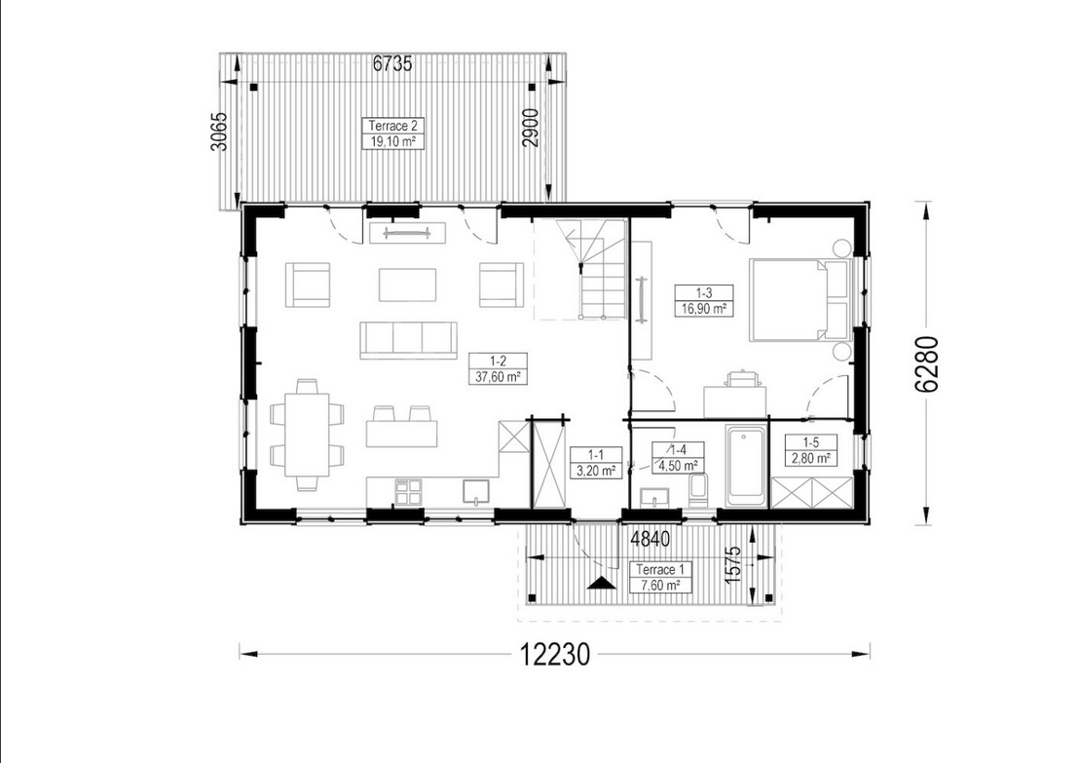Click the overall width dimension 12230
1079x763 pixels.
pyautogui.click(x=555, y=654)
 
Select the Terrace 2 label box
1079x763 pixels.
pyautogui.click(x=392, y=134)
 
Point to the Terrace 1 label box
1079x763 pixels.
pyautogui.click(x=660, y=578)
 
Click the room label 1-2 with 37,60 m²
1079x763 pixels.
pyautogui.click(x=499, y=369)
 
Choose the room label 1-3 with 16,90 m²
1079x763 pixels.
pyautogui.click(x=704, y=301)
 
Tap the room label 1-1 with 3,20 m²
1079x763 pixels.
pyautogui.click(x=596, y=463)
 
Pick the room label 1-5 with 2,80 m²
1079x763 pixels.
pyautogui.click(x=811, y=450)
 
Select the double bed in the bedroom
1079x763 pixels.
pyautogui.click(x=801, y=299)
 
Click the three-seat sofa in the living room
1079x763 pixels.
pyautogui.click(x=408, y=340)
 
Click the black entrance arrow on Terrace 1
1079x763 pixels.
pyautogui.click(x=602, y=584)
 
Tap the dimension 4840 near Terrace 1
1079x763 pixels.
pyautogui.click(x=651, y=539)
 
